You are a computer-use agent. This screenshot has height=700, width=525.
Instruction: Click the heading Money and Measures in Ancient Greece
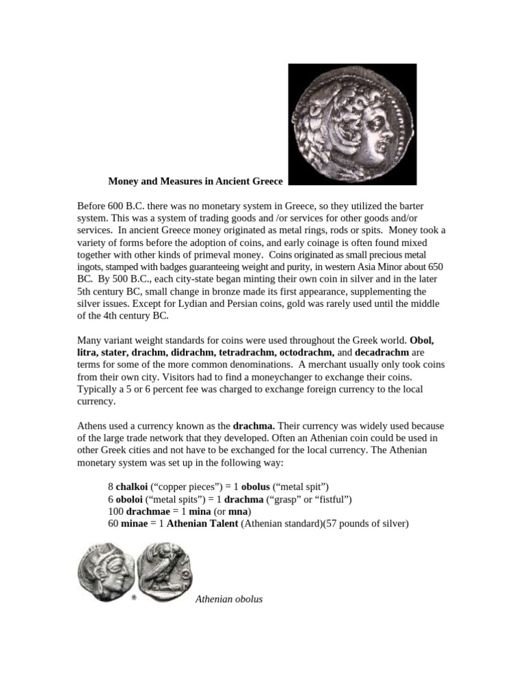click(x=196, y=182)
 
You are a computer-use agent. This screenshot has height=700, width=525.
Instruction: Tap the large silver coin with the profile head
click(x=352, y=124)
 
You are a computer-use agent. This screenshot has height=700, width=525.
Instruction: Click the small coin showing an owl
click(x=165, y=571)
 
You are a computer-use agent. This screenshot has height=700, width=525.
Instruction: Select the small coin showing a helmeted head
click(x=105, y=572)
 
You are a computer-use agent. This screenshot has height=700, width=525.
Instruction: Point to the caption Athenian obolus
click(x=229, y=600)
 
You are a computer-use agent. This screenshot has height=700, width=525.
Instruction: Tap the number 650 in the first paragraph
click(x=433, y=267)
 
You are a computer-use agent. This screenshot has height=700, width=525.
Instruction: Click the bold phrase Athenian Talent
click(x=202, y=524)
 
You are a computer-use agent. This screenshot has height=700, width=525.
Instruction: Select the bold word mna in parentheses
click(x=239, y=511)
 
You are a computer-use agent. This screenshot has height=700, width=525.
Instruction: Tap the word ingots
click(x=91, y=267)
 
